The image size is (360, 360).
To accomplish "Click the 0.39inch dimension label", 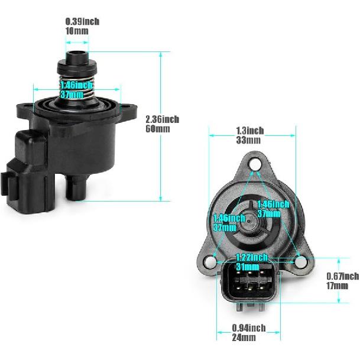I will tap(82, 21).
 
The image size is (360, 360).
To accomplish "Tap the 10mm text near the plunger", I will tap(77, 30).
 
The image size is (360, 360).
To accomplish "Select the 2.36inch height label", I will tap(162, 119).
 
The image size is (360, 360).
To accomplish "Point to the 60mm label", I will tap(158, 128).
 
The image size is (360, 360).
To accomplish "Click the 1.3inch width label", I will tap(249, 131).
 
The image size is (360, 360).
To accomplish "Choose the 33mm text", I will tap(248, 140).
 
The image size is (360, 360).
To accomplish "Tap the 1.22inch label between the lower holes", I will tap(252, 257).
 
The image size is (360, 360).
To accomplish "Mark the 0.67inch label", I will tap(342, 276).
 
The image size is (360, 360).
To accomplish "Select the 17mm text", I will tap(338, 286).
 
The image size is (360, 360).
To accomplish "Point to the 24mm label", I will tap(244, 338).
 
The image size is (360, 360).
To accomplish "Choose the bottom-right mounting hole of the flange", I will tap(299, 261).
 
